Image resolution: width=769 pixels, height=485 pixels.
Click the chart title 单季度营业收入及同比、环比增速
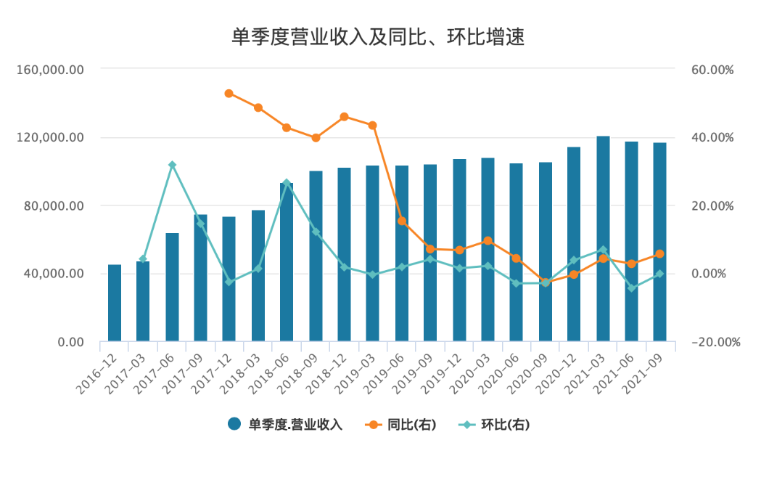(x=377, y=37)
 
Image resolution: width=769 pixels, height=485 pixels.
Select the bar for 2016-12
(x=115, y=303)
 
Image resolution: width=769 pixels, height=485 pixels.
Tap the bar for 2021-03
(x=603, y=239)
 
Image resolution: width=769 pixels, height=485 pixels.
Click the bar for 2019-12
(x=459, y=250)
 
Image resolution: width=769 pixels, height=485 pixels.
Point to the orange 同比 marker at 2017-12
(x=229, y=94)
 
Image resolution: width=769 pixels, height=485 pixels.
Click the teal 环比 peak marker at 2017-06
(x=172, y=166)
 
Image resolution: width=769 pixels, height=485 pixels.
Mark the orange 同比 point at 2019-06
(x=402, y=221)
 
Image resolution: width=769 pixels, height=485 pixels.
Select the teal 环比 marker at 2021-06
(x=631, y=288)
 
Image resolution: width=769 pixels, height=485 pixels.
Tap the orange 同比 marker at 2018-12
(x=345, y=117)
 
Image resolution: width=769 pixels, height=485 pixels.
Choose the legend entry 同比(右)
(x=402, y=425)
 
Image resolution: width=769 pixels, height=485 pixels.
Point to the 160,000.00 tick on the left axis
(x=61, y=70)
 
